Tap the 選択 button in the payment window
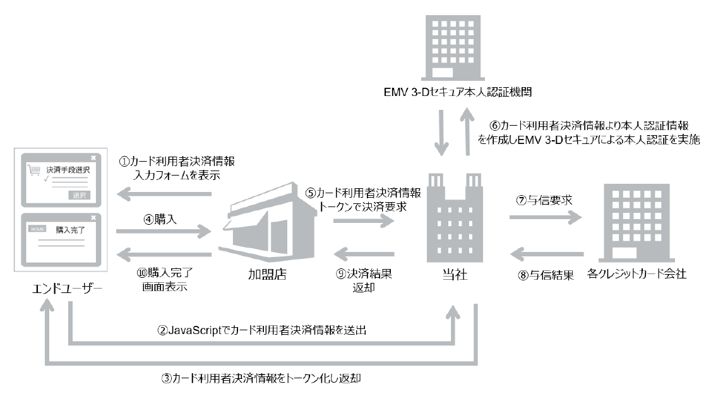coord(80,195)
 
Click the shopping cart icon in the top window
coord(34,169)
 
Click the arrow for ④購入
coord(163,232)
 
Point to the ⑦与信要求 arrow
coord(545,218)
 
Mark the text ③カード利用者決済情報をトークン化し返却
coord(261,379)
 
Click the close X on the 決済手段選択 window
coord(93,157)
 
